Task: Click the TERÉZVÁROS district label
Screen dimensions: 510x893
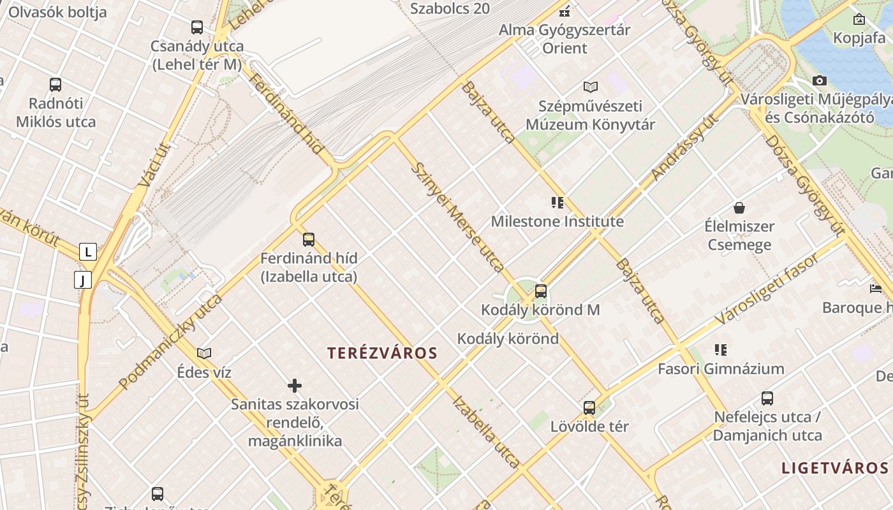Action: tap(382, 353)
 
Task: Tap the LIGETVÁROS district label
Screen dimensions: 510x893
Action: tap(834, 467)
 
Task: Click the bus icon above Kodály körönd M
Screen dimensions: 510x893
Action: tap(541, 291)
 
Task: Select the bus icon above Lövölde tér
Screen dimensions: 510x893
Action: tap(589, 407)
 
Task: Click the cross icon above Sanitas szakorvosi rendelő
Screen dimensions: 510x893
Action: tap(295, 385)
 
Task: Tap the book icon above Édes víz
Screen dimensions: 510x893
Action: tap(204, 353)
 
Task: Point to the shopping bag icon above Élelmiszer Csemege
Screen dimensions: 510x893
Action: tap(739, 208)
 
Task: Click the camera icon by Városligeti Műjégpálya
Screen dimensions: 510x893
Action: tap(820, 80)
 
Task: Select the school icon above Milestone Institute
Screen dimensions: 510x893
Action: tap(557, 203)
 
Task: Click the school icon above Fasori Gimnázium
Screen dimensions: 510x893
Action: tap(721, 349)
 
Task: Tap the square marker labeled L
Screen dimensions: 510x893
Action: tap(88, 252)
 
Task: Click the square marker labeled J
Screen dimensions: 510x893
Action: tap(82, 279)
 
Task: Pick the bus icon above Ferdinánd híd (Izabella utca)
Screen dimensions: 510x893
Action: tap(309, 240)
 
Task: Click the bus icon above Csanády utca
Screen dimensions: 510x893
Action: tap(197, 27)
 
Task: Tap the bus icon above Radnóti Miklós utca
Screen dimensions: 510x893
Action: tap(55, 84)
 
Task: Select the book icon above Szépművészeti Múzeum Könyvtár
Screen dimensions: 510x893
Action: tap(591, 87)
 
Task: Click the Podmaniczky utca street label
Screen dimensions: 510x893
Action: tap(170, 342)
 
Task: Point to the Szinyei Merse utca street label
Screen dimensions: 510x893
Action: tap(459, 217)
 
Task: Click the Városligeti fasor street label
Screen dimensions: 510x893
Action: tap(766, 289)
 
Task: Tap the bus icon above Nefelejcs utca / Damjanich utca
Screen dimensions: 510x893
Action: tap(767, 398)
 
